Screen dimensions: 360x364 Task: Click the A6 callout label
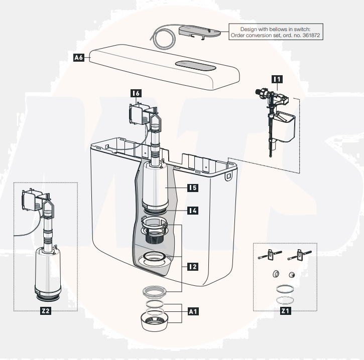coord(78,58)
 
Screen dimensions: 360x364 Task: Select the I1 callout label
coord(277,78)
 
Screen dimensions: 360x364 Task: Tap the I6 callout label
coord(135,93)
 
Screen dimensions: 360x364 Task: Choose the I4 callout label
coord(192,210)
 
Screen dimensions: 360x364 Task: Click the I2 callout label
coord(192,266)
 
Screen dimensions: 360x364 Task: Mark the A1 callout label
coord(193,311)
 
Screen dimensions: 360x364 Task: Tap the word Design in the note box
coord(249,29)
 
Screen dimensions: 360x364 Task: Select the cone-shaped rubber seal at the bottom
coord(155,323)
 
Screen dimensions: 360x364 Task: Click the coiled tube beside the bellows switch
coord(160,37)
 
